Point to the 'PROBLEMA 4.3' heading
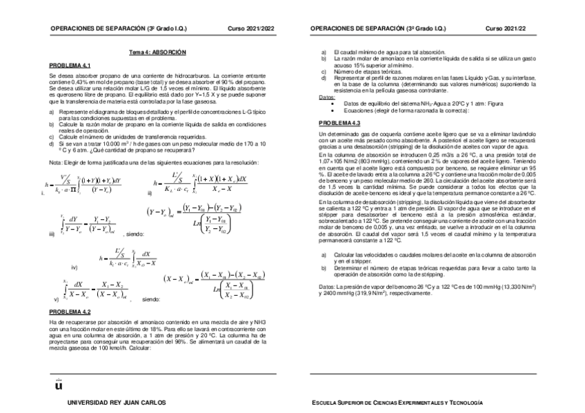pos(339,122)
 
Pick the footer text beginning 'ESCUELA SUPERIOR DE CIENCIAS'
pos(397,402)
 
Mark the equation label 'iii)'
pos(52,234)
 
